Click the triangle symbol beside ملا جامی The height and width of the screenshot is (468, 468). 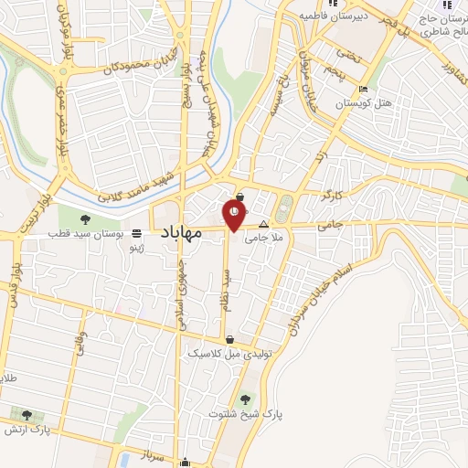click(x=264, y=224)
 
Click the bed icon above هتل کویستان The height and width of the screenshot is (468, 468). click(x=364, y=90)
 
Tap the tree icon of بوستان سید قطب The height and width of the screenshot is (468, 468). click(x=85, y=219)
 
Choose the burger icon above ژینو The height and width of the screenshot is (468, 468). click(x=137, y=233)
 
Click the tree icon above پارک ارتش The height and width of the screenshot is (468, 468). click(x=27, y=413)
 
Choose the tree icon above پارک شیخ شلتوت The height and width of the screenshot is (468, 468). click(x=243, y=399)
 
